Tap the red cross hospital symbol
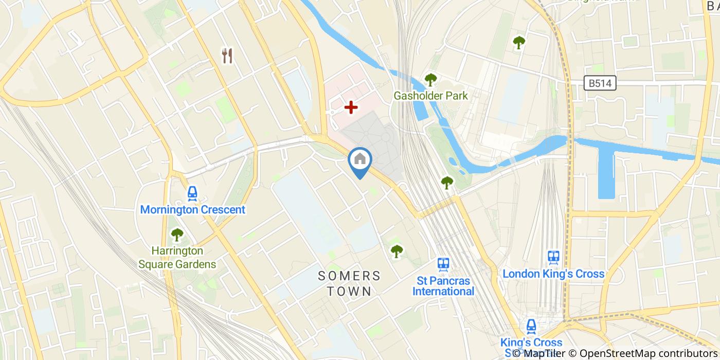351,107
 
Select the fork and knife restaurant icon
227,56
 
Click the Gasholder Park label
430,96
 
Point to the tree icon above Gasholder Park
430,80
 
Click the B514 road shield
600,83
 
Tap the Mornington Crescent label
192,210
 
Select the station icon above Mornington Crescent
192,193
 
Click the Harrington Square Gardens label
177,258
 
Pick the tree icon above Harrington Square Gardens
177,235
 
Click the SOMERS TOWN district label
349,283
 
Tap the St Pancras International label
444,286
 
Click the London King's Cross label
553,274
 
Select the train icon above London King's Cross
553,257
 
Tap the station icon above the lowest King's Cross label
531,326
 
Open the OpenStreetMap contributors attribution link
649,353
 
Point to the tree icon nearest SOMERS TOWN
396,251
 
